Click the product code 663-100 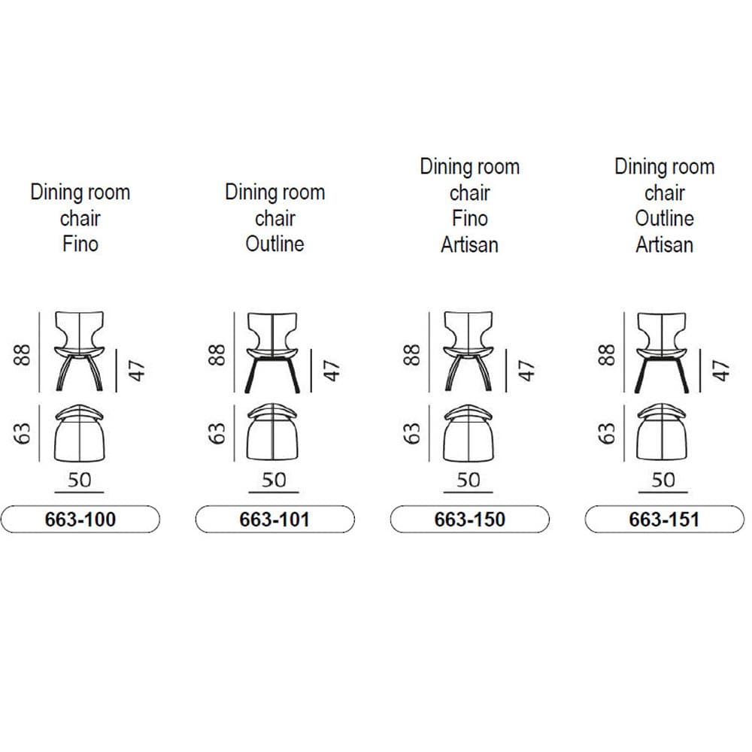tap(80, 520)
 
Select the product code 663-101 tap(274, 520)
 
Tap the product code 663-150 tap(469, 520)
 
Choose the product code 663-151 tap(664, 520)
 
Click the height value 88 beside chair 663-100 tap(22, 355)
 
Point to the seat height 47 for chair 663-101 tap(332, 371)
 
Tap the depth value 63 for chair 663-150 tap(412, 434)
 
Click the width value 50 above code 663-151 tap(663, 480)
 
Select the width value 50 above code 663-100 tap(79, 480)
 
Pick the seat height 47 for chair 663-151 tap(721, 371)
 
